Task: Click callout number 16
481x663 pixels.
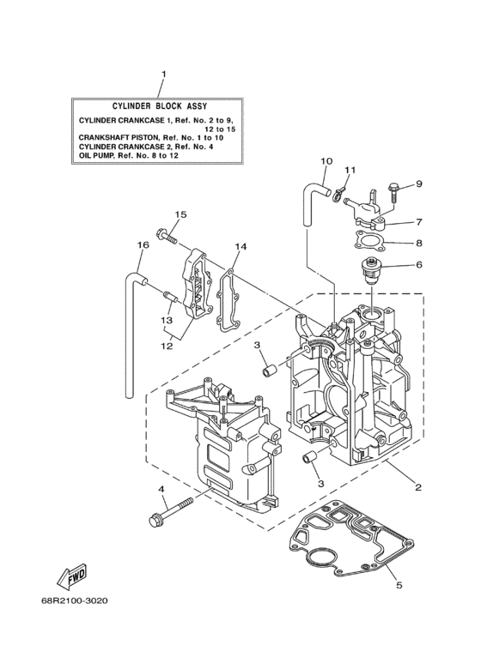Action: [143, 245]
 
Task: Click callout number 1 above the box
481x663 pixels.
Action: [162, 75]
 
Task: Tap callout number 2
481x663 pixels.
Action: [417, 488]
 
